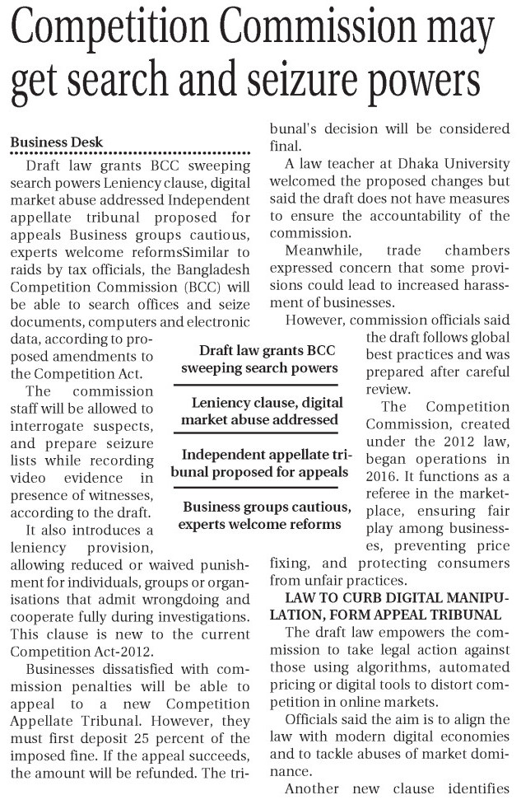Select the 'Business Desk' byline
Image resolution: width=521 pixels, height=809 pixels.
(56, 142)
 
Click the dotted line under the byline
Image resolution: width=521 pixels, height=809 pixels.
(130, 153)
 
